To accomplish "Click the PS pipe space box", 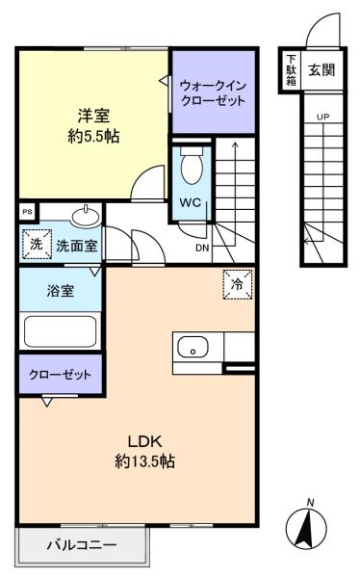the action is coord(27,212).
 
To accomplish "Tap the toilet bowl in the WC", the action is coord(192,167).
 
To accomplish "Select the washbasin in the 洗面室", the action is coord(87,217).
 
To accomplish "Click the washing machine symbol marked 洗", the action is coord(37,244).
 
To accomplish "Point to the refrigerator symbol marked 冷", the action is coord(238,284).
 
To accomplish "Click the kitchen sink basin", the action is coord(193,347).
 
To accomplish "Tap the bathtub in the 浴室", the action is coord(60,331).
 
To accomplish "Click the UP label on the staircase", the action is coord(322,118).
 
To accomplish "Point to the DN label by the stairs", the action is coord(202,249).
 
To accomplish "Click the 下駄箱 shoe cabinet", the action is coord(291,70).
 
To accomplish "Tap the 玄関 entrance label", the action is coord(321,69).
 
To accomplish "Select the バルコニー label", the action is coord(82,545).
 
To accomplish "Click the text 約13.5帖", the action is coord(144,460).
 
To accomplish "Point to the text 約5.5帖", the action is coord(93,137).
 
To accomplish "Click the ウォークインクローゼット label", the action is coord(214,92).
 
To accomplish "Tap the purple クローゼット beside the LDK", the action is coord(61,374).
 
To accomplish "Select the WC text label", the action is coord(191,202).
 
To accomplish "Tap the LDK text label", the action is coord(144,441).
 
